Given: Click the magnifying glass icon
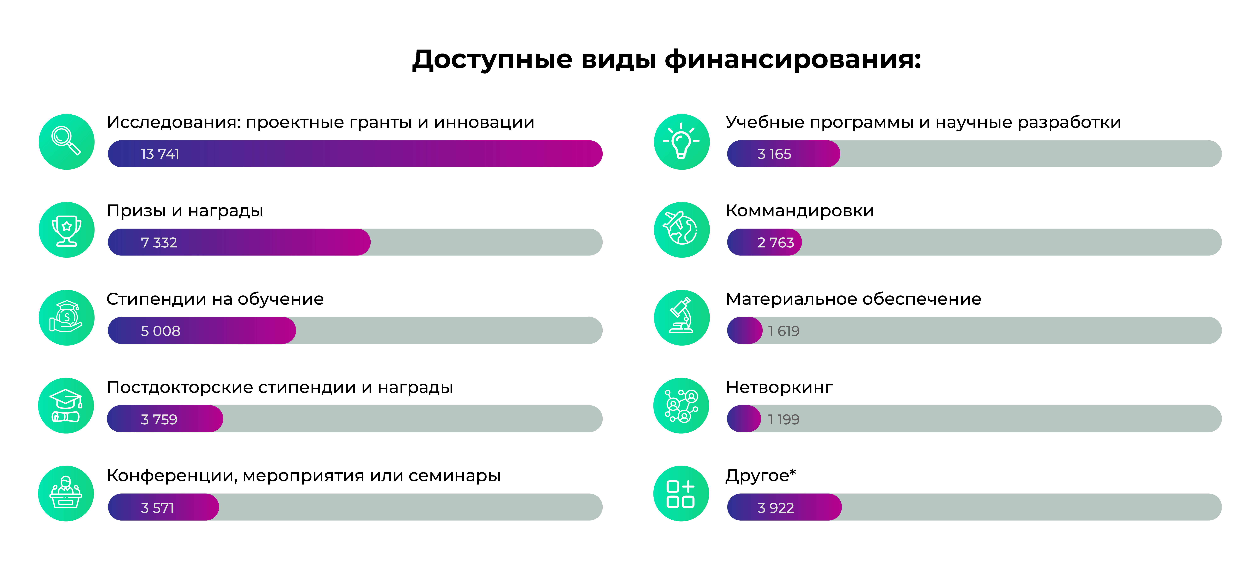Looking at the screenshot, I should (66, 142).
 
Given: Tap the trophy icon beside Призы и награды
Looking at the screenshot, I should (66, 230).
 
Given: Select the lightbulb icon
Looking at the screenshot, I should (681, 142).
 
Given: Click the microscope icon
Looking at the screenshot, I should (681, 318).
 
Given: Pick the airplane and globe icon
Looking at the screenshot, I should (681, 230).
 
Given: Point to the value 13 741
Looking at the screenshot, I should (160, 154).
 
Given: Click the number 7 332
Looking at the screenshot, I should (159, 242).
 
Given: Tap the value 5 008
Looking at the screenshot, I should (160, 331).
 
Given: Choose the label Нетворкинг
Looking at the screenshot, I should (779, 387).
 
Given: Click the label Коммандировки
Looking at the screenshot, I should (800, 211).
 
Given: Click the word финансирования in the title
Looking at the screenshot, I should (792, 60).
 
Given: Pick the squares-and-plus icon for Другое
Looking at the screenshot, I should (681, 494).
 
